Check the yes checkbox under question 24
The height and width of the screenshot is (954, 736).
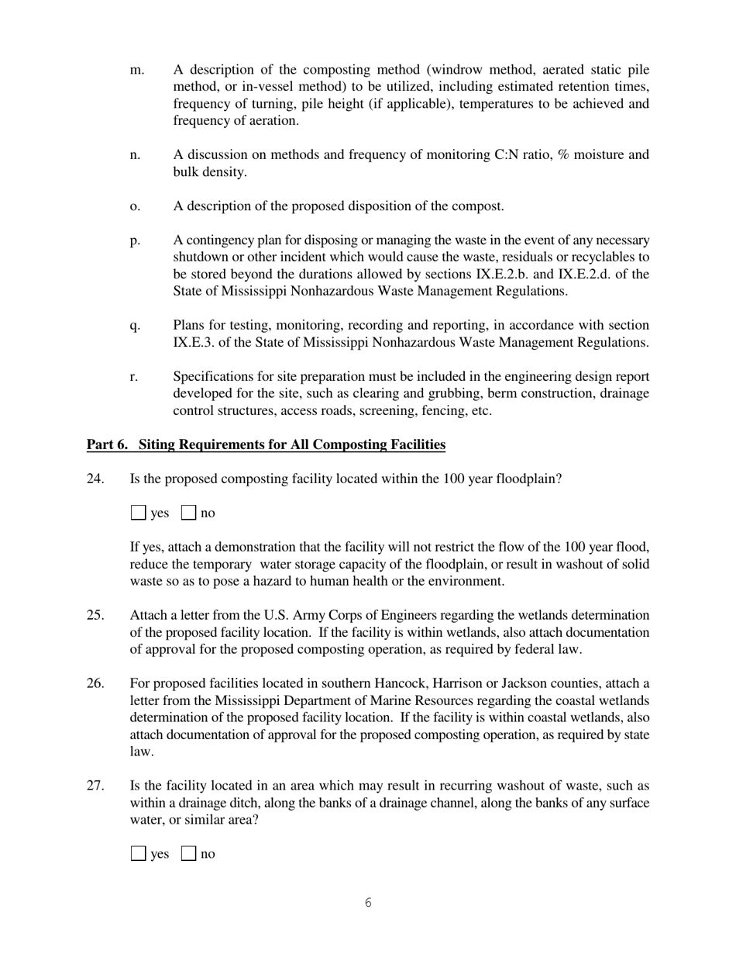point(138,513)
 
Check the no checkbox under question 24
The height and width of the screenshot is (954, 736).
point(188,513)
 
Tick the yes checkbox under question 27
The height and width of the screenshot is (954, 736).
point(138,854)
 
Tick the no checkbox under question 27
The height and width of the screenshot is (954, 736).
point(188,854)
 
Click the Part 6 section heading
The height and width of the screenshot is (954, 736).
point(266,444)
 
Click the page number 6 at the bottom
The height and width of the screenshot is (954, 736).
point(368,903)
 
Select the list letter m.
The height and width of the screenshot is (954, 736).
point(136,70)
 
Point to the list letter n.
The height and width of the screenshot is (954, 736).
point(135,155)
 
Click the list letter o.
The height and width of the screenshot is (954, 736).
point(135,206)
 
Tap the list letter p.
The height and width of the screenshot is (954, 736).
point(135,240)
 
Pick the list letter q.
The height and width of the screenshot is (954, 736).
point(135,326)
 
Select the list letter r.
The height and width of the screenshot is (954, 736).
point(134,377)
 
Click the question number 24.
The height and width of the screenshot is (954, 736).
point(95,479)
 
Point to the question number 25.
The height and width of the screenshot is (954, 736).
point(95,615)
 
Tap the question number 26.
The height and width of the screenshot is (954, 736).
point(95,683)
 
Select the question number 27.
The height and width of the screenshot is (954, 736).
point(95,786)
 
